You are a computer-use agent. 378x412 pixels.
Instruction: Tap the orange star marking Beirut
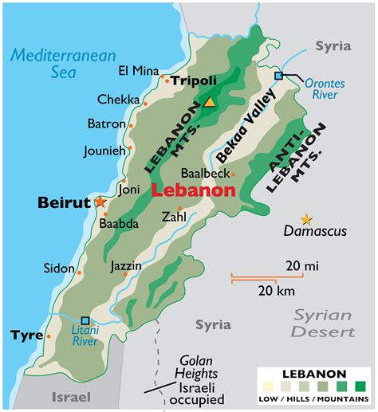click(100, 202)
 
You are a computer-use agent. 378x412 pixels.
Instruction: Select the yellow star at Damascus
click(305, 219)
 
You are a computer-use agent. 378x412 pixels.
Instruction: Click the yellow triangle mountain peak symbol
click(209, 101)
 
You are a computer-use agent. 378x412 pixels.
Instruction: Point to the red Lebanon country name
click(193, 190)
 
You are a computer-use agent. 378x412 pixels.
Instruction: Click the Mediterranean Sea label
click(64, 65)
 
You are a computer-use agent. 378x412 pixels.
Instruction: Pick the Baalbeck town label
click(205, 173)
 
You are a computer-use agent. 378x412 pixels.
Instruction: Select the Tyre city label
click(27, 335)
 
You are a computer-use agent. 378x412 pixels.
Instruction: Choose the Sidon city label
click(60, 269)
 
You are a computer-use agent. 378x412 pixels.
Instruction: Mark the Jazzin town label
click(126, 265)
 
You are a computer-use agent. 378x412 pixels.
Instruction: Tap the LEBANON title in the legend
click(313, 373)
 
